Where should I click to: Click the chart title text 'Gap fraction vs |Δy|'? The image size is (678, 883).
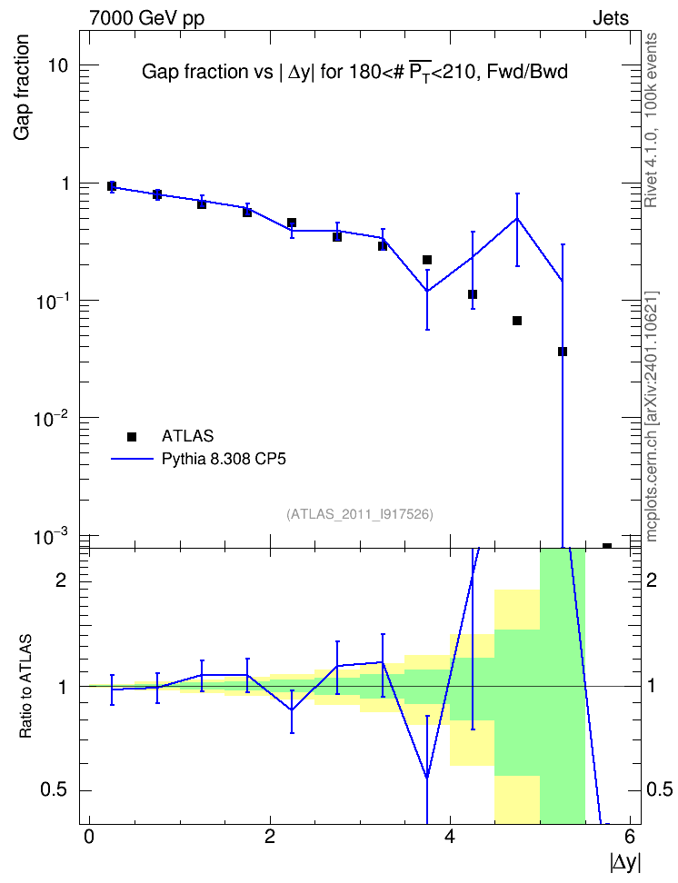[x=226, y=72]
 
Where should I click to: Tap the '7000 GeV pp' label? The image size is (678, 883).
[x=147, y=18]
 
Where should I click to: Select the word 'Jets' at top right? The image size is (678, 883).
[x=611, y=18]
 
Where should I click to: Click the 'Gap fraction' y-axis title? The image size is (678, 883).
[x=22, y=87]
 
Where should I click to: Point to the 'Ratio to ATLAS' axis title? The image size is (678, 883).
[x=25, y=686]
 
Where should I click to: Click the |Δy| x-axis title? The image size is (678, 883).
[x=625, y=862]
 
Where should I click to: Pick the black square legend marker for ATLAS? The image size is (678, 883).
[x=132, y=436]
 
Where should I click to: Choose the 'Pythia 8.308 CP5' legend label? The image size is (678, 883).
[x=224, y=459]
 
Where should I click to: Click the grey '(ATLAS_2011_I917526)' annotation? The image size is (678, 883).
[x=360, y=514]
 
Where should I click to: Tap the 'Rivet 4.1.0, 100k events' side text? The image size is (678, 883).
[x=651, y=120]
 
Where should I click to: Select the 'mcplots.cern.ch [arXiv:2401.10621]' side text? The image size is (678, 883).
[x=651, y=416]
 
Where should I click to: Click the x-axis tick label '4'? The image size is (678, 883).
[x=450, y=837]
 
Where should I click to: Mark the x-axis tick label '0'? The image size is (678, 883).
[x=89, y=837]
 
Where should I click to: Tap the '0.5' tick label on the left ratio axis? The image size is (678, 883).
[x=54, y=789]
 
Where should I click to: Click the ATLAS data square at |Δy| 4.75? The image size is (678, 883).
[x=517, y=321]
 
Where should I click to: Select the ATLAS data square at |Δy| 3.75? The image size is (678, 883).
[x=426, y=260]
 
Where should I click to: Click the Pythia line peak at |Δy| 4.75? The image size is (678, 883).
[x=517, y=219]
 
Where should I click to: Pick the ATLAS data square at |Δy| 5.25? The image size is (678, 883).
[x=562, y=352]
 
